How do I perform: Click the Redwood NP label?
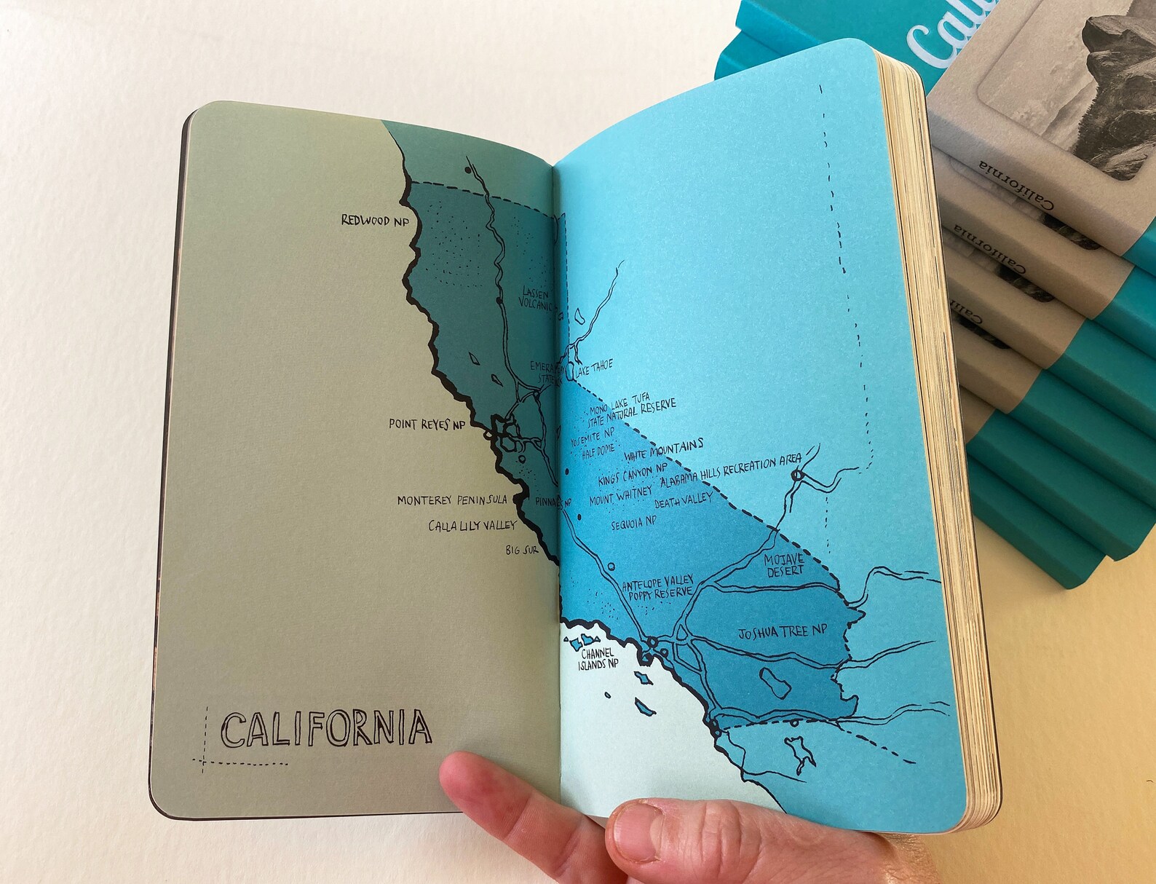(x=376, y=220)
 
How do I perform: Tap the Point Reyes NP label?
(x=427, y=424)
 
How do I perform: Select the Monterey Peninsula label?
(x=451, y=500)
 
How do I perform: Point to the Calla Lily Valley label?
(x=472, y=525)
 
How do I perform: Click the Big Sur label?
(x=522, y=550)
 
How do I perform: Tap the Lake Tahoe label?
(x=594, y=368)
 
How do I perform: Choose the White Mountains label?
(x=664, y=450)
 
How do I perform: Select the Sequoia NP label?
(x=633, y=523)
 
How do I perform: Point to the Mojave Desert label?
(x=783, y=565)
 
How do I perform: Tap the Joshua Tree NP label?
(x=783, y=633)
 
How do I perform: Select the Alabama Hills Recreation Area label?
(x=729, y=471)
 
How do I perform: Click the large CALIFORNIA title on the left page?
(x=325, y=729)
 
